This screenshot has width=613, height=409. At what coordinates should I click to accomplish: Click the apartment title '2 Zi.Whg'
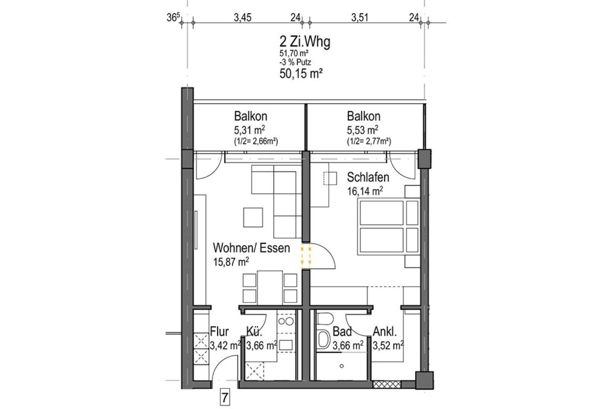click(305, 42)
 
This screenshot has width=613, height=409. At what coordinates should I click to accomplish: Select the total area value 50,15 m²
click(301, 74)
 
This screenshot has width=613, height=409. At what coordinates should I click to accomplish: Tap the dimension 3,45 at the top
click(242, 17)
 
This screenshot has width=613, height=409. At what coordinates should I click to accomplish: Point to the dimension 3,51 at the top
click(360, 17)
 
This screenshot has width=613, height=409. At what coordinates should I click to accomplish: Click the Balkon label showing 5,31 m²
click(250, 116)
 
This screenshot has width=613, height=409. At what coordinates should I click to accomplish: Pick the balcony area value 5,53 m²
click(362, 130)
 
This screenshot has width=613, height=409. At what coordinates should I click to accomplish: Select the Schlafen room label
click(368, 177)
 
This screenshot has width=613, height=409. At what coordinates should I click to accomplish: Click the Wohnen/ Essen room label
click(251, 248)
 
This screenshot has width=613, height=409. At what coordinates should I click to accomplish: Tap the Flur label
click(219, 332)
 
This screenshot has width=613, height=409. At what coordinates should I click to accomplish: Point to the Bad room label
click(342, 332)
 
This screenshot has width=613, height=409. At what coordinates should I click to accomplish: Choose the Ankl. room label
click(385, 332)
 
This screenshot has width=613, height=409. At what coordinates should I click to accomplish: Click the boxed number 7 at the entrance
click(225, 398)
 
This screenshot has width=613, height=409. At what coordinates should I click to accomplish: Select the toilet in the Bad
click(325, 319)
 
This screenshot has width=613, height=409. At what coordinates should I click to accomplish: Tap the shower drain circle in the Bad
click(342, 366)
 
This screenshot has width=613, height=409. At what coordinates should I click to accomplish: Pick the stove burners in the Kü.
click(286, 322)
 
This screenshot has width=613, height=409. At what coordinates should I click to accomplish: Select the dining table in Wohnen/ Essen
click(270, 287)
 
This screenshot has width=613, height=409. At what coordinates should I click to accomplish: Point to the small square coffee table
click(253, 217)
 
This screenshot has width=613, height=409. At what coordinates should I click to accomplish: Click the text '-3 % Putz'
click(295, 62)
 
